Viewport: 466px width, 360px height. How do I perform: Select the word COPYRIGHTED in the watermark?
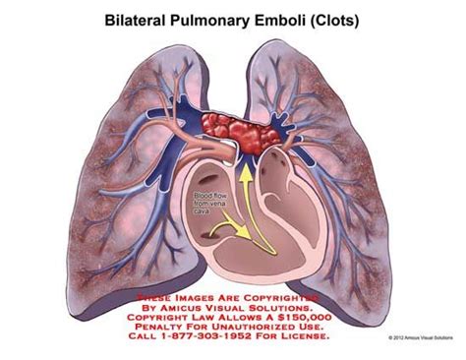tap(285, 293)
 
